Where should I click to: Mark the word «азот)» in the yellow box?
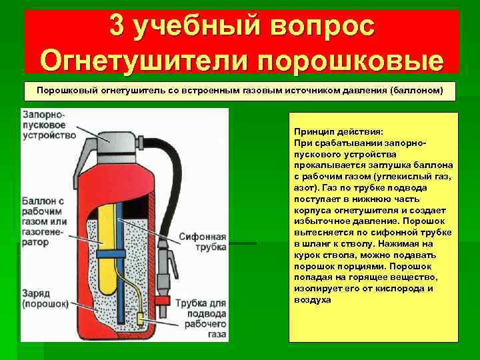[305, 188]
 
